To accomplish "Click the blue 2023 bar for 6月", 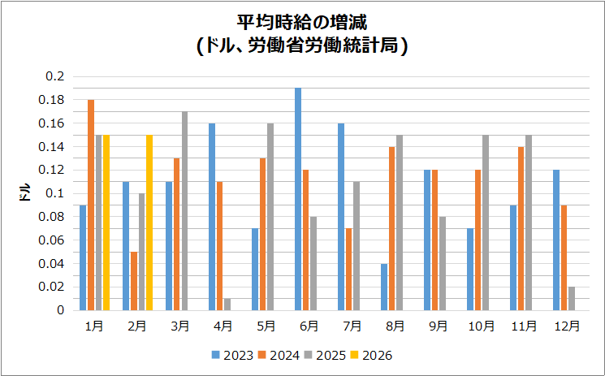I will (x=298, y=199).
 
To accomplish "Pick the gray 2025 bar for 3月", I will (x=184, y=210).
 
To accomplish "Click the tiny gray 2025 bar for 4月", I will (x=227, y=305).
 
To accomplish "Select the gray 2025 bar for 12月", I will (x=572, y=298).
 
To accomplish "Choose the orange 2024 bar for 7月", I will (x=349, y=269).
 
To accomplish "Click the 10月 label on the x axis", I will (x=482, y=326).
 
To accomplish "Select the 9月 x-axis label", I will (x=439, y=326).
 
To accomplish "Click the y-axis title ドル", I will (x=25, y=193).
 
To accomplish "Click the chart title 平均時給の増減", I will (x=302, y=23).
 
